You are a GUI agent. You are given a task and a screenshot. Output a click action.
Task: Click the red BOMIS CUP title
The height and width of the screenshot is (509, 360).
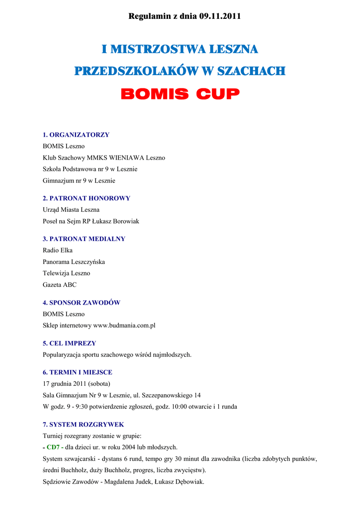[x=180, y=94]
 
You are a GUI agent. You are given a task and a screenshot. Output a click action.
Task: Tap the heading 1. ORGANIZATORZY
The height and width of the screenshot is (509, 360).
[x=76, y=135]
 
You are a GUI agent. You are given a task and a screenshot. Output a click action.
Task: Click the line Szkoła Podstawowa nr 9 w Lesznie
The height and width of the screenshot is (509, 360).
[x=90, y=169]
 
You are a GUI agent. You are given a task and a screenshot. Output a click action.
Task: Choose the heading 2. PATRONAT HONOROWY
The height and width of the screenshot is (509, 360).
[x=87, y=198]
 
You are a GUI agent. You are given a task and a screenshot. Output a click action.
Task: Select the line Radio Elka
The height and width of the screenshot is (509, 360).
[x=58, y=251]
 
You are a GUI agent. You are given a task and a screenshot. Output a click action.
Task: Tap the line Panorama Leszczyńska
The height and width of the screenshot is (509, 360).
[x=74, y=262]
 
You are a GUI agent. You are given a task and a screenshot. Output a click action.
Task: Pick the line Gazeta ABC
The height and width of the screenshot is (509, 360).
[x=60, y=285]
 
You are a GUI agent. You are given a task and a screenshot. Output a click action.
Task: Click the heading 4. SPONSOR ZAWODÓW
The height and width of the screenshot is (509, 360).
[x=82, y=303]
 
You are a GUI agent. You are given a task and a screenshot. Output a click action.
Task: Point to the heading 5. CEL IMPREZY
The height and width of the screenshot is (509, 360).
[x=69, y=343]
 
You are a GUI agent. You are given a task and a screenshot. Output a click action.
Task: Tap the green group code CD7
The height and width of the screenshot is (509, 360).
[x=53, y=447]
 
